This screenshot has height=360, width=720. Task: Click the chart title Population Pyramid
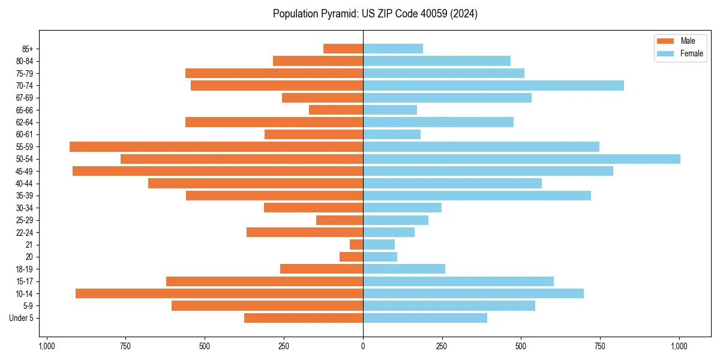[375, 14]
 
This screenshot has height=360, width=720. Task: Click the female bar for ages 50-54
[521, 159]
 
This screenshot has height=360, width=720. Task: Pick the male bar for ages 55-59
[216, 146]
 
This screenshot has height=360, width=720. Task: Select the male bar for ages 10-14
[219, 293]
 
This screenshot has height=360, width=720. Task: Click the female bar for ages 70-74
[493, 85]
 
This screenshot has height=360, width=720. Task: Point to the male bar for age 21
[356, 244]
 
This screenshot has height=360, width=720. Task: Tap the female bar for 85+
[393, 49]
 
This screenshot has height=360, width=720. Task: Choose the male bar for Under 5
[304, 318]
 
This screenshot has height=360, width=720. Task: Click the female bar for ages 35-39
[477, 196]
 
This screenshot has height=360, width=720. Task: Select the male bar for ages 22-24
[305, 232]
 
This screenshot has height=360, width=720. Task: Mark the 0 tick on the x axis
[363, 346]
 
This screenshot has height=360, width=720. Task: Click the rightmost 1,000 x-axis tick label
[679, 346]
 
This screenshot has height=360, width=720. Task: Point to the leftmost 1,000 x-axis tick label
[47, 346]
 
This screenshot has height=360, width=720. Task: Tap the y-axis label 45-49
[24, 171]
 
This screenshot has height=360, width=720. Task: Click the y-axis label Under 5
[21, 318]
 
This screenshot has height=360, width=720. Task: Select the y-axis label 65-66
[24, 110]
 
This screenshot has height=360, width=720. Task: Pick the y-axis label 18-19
[24, 269]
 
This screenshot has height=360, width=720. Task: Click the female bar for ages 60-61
[392, 134]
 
